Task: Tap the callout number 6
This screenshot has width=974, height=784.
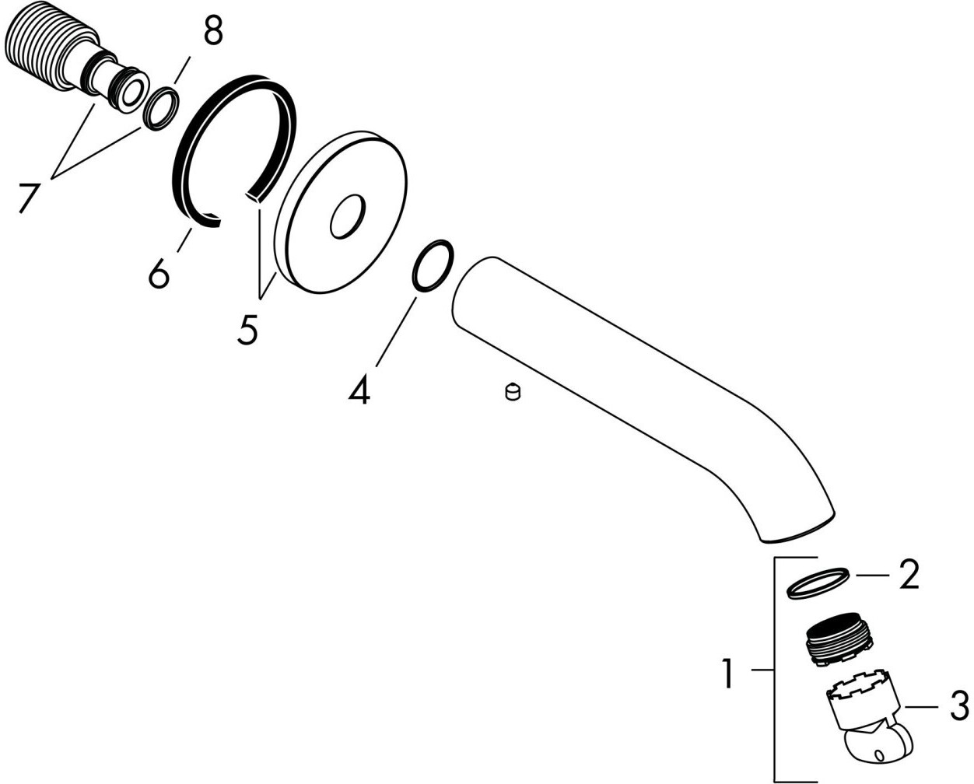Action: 158,272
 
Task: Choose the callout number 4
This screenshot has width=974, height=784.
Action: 358,388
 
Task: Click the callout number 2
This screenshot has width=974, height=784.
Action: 907,575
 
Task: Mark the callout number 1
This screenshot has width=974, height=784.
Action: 727,673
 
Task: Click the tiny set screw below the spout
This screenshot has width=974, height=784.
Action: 511,393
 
